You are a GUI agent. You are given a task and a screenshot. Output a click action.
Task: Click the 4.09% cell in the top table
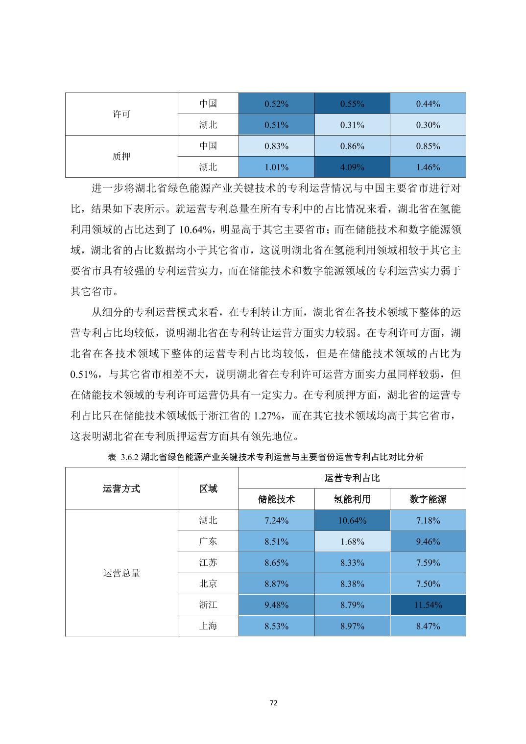[352, 167]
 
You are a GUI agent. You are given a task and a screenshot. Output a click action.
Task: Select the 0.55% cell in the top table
[352, 104]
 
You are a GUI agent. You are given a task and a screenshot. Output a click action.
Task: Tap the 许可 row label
[121, 115]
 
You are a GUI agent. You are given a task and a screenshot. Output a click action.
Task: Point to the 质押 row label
[121, 157]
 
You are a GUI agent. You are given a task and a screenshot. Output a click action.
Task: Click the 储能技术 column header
[276, 499]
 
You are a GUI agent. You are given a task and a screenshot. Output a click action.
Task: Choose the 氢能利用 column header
[352, 499]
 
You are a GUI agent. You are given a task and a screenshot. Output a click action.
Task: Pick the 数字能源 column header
[428, 499]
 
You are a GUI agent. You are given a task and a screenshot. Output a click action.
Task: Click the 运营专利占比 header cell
[352, 478]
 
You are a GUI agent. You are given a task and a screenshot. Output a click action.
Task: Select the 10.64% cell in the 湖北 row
[352, 521]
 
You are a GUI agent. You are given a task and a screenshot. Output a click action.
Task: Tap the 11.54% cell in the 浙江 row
[428, 605]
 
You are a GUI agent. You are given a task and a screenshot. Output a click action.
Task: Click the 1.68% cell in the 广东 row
[352, 542]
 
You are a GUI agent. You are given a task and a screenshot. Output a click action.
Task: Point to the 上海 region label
[208, 626]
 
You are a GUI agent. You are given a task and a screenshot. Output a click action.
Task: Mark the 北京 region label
[208, 584]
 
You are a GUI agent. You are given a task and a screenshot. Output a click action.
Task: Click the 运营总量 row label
[121, 573]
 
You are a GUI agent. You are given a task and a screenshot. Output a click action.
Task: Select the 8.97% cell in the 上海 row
[352, 626]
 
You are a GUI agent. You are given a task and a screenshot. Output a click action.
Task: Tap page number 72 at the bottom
[274, 703]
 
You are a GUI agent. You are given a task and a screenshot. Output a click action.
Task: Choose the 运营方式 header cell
[121, 488]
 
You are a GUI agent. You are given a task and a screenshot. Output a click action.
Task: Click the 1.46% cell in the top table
[428, 167]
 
